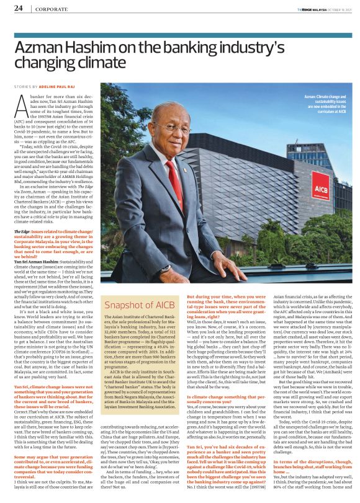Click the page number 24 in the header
[18, 8]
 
